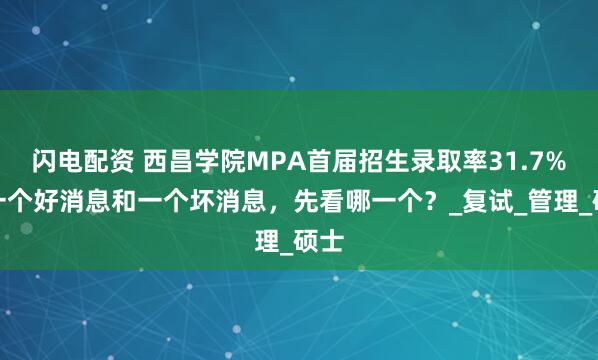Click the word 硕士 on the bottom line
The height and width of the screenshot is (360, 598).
316,241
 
